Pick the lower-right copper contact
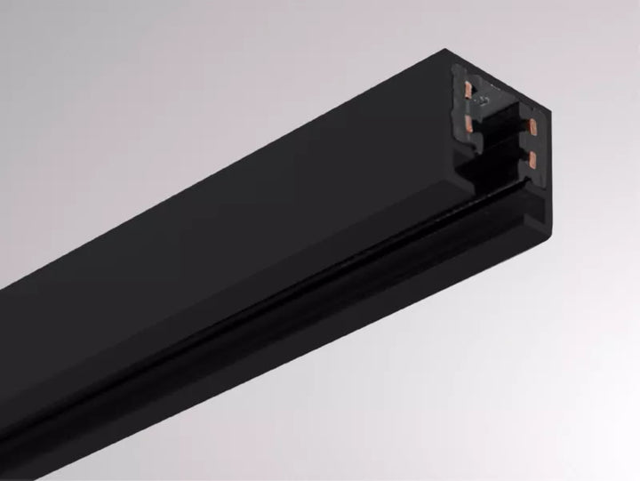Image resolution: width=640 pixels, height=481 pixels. [x=532, y=160]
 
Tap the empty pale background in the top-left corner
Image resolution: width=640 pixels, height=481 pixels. [x=36, y=36]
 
